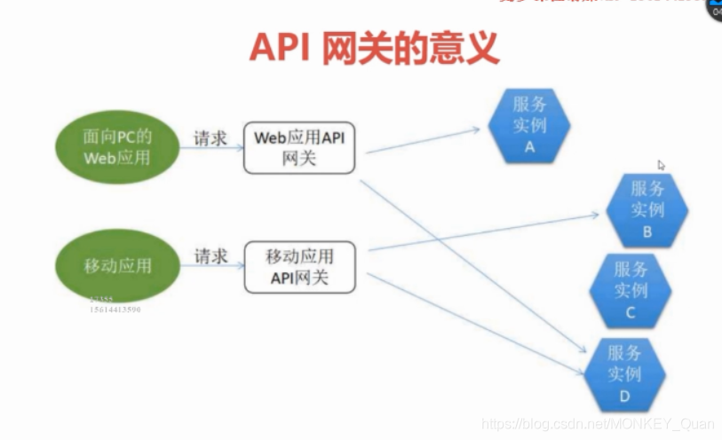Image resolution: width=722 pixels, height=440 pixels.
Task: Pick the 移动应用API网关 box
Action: click(299, 267)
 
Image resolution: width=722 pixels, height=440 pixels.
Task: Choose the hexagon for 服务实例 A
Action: click(529, 125)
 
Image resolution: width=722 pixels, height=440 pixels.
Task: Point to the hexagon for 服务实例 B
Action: click(647, 209)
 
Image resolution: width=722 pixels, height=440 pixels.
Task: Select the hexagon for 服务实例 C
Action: click(631, 289)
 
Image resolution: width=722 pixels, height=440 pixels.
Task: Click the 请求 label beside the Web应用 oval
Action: click(210, 137)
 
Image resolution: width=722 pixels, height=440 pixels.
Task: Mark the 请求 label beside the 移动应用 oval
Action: click(210, 256)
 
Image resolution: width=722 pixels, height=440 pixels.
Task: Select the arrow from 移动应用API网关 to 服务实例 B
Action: click(484, 232)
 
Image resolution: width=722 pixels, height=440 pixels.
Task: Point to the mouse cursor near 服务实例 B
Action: click(661, 165)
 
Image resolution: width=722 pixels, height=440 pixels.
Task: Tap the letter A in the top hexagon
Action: click(529, 147)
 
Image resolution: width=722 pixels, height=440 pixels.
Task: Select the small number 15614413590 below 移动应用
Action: click(115, 310)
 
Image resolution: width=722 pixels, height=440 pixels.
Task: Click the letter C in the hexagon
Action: click(631, 312)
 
